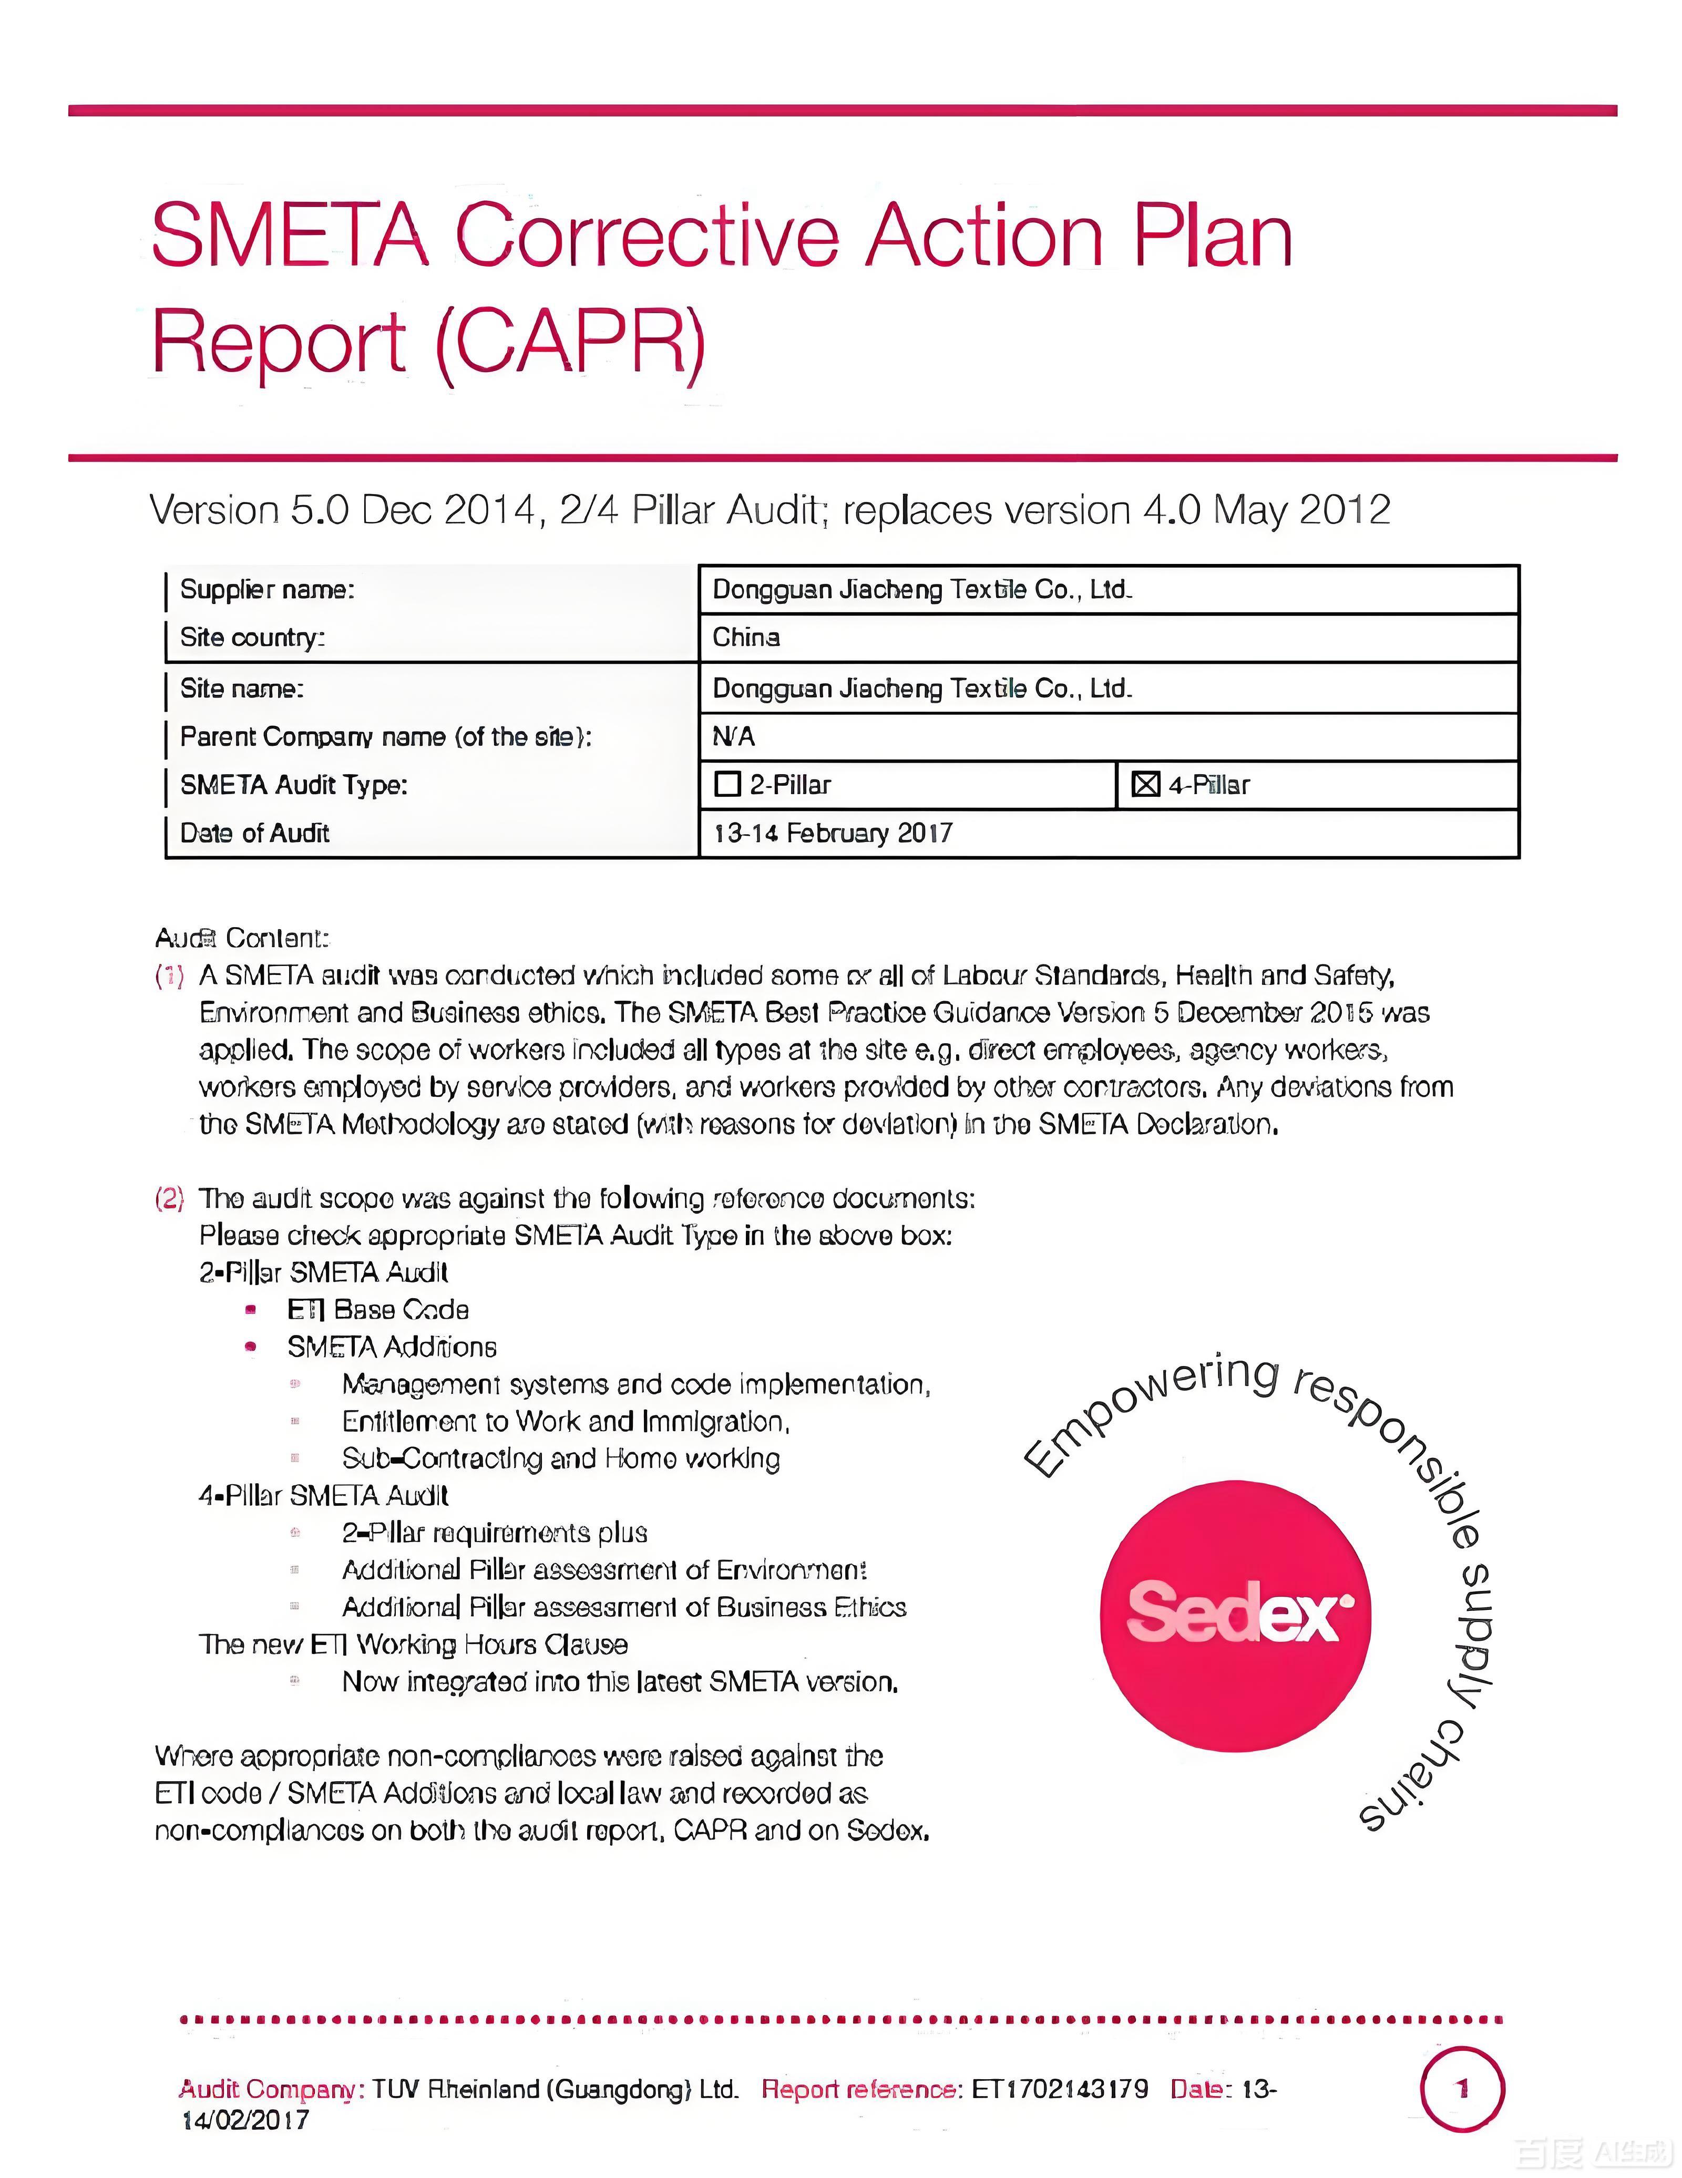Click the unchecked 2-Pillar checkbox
point(727,785)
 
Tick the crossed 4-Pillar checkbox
point(1145,785)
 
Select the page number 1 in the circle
point(1462,2089)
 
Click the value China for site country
point(746,637)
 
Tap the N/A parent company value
point(733,737)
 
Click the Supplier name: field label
point(266,589)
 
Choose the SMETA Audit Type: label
point(293,785)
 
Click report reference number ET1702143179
point(1060,2089)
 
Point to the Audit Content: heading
point(241,938)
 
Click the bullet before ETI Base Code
point(250,1309)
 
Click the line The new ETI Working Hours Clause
point(413,1645)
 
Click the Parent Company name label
point(385,737)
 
